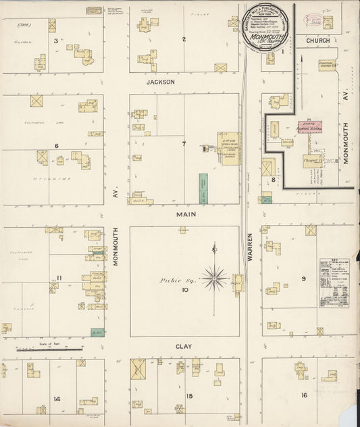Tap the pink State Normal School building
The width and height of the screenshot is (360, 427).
click(309, 126)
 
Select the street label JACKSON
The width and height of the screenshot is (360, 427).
click(161, 82)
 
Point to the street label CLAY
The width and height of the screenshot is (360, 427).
click(184, 347)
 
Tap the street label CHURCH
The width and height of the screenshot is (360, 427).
click(317, 41)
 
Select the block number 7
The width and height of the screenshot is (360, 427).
click(183, 144)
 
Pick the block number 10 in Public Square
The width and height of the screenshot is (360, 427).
click(184, 291)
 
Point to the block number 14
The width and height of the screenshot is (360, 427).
click(57, 399)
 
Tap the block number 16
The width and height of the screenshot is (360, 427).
click(304, 395)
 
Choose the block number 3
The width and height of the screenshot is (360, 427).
click(55, 41)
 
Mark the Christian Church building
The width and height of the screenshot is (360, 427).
click(327, 65)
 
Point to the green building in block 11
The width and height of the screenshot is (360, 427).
click(98, 332)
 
